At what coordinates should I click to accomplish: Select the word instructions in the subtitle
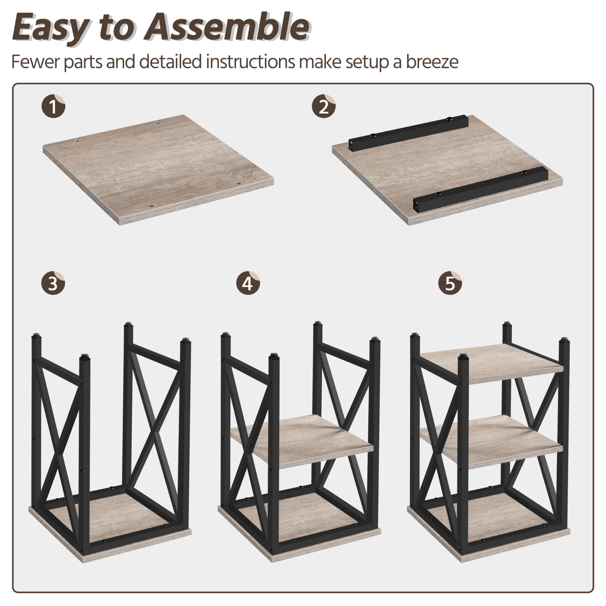pyautogui.click(x=250, y=62)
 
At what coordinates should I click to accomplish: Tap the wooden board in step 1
pyautogui.click(x=159, y=169)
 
